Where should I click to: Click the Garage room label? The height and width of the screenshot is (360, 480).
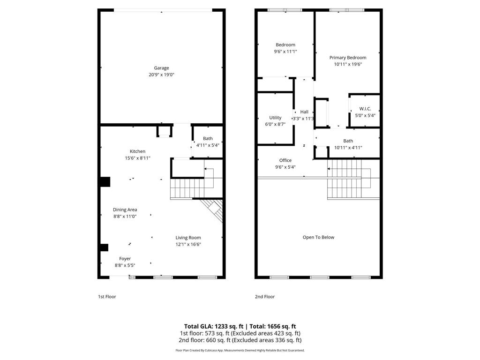pos(162,68)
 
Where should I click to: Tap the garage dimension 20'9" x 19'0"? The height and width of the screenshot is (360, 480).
pos(162,75)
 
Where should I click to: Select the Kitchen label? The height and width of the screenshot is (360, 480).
pos(137,151)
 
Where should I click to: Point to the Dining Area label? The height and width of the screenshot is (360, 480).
pos(125,210)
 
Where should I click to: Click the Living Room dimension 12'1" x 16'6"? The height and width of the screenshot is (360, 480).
pos(188,244)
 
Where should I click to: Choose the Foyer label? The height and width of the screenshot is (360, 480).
pos(125,258)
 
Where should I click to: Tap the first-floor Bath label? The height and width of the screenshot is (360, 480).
pos(208,138)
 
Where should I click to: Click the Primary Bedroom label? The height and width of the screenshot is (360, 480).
pos(347,58)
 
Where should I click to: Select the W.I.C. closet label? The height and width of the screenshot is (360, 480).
pos(365,109)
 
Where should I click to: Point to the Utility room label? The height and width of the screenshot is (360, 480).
pos(275,118)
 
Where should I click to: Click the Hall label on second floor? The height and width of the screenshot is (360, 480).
pos(304,112)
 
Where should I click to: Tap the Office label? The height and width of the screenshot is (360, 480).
pos(285,160)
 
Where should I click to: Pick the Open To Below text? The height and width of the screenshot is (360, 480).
pos(318,237)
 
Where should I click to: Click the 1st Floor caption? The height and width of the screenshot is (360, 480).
pos(107,297)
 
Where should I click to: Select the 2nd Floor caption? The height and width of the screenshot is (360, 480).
pos(265,297)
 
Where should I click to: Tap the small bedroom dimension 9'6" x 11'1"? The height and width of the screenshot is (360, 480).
pos(285,52)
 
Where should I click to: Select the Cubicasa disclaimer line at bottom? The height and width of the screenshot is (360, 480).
pos(240,350)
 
